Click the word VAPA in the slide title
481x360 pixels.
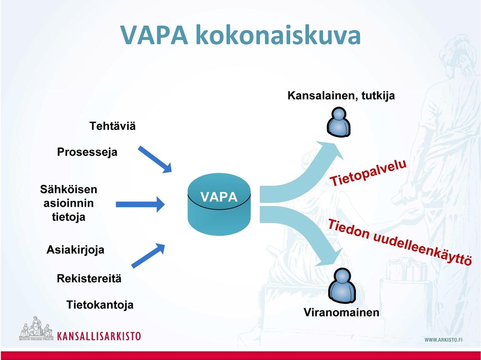(154, 35)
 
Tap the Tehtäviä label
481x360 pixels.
(112, 126)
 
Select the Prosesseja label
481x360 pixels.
(87, 152)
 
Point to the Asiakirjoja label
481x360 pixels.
(75, 250)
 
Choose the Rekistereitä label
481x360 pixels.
(89, 279)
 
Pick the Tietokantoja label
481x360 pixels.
(100, 305)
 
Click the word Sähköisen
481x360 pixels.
(69, 190)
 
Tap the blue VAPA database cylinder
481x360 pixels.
(219, 204)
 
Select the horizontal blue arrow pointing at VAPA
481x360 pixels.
(140, 205)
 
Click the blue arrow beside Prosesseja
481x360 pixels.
(155, 159)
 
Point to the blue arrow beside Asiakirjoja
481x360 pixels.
(148, 255)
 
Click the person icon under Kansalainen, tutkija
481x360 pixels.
(339, 121)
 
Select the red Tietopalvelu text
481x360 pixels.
(368, 172)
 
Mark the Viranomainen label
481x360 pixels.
(341, 312)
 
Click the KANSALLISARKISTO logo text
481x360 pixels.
(99, 336)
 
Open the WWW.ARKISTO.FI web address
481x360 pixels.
(443, 339)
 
